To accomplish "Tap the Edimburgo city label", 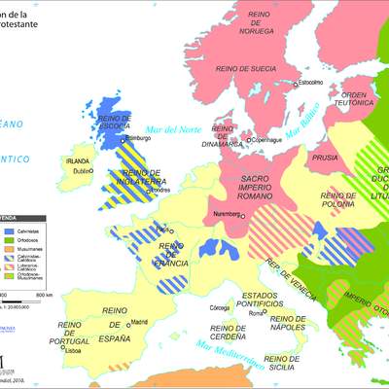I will (132, 138).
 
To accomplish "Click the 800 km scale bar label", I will (44, 294).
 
